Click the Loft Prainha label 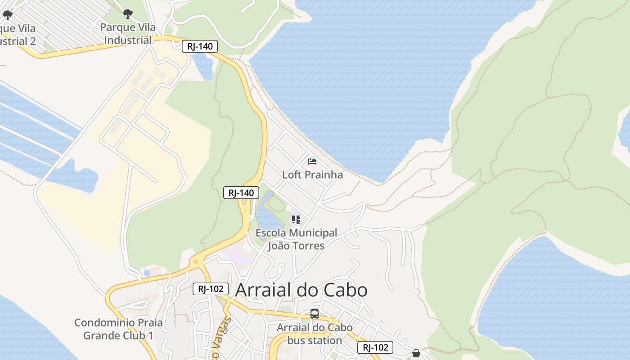pyautogui.click(x=312, y=175)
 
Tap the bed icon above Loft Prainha pyautogui.click(x=312, y=162)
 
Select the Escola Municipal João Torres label pyautogui.click(x=296, y=239)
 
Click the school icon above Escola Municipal pyautogui.click(x=296, y=220)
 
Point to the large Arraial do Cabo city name pyautogui.click(x=301, y=290)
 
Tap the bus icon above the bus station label pyautogui.click(x=315, y=314)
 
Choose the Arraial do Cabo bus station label pyautogui.click(x=315, y=334)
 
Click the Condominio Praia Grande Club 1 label pyautogui.click(x=118, y=329)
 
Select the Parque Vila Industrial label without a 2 pyautogui.click(x=128, y=34)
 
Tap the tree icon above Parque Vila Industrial pyautogui.click(x=128, y=14)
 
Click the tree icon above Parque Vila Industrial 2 pyautogui.click(x=8, y=15)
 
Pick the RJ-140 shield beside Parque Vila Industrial pyautogui.click(x=200, y=46)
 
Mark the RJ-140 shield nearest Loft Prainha pyautogui.click(x=241, y=193)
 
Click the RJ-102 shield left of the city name pyautogui.click(x=211, y=289)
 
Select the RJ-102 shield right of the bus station pyautogui.click(x=375, y=347)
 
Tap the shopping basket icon pyautogui.click(x=416, y=353)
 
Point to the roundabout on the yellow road pyautogui.click(x=195, y=261)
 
